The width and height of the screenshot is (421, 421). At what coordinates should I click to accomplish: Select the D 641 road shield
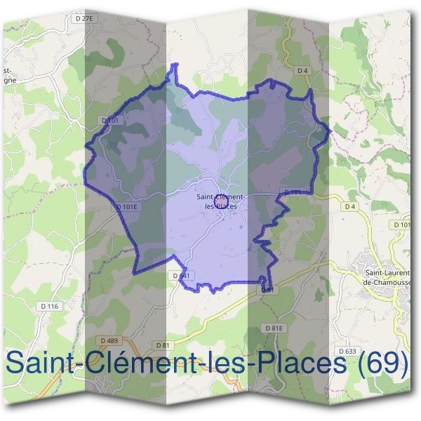(x=180, y=276)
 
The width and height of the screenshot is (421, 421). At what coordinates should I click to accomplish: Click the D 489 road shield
(x=109, y=340)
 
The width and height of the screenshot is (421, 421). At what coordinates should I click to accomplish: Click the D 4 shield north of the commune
(x=302, y=70)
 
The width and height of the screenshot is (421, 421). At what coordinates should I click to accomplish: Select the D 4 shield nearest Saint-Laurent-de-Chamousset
(x=350, y=207)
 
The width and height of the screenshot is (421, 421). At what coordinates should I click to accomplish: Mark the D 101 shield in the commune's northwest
(x=111, y=121)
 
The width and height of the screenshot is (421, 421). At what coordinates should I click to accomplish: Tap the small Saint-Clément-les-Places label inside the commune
(x=220, y=201)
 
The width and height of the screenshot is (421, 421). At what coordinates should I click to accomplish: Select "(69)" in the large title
(x=380, y=363)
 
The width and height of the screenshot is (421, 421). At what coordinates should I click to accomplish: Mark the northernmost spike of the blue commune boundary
(x=175, y=65)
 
